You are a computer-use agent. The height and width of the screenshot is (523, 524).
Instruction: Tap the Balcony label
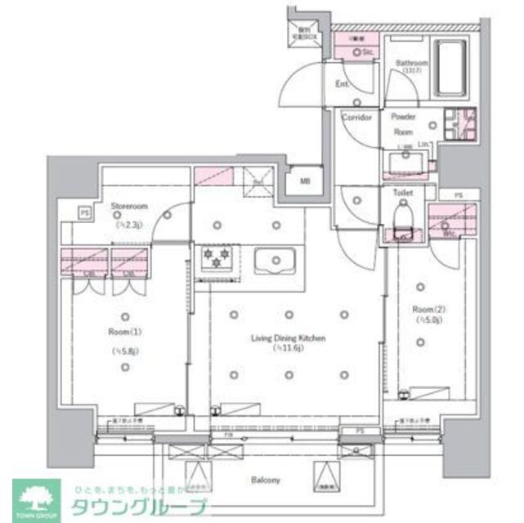pos(266,480)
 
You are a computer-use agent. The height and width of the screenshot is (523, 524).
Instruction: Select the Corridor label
pos(356,118)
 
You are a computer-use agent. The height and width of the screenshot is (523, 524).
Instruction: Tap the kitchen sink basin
pos(276,261)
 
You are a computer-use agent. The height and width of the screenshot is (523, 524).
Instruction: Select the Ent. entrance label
pos(343,83)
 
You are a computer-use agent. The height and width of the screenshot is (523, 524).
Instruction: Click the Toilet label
pos(403,194)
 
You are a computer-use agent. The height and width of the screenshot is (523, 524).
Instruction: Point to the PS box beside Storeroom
pos(84,212)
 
